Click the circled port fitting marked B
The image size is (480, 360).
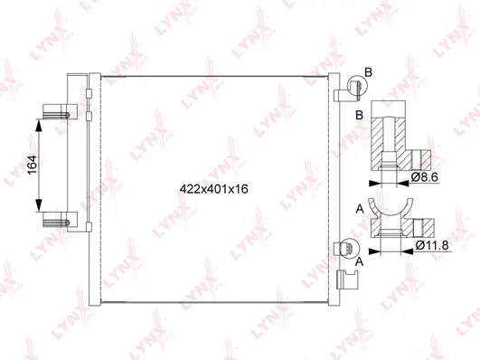coord(353,88)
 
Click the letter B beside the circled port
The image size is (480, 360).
coord(368,71)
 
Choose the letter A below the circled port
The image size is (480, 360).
coord(361,262)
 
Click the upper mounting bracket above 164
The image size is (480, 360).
coord(57,115)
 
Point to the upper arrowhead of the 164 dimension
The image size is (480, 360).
coord(39,125)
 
